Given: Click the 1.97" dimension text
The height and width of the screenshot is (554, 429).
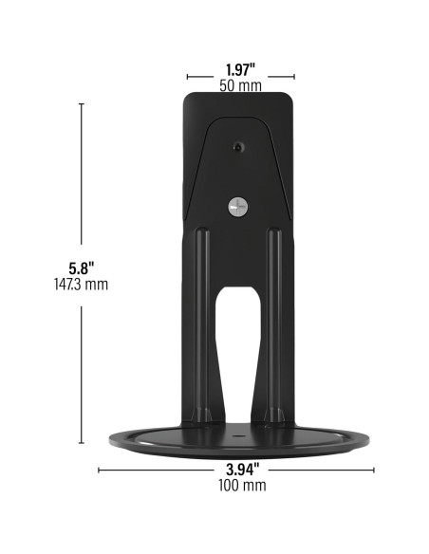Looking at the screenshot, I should (x=240, y=68).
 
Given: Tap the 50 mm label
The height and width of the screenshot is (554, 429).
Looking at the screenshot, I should (x=240, y=84).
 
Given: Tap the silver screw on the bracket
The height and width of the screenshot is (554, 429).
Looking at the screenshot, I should (x=237, y=207).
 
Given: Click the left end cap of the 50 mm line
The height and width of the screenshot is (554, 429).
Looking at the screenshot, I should (x=187, y=77).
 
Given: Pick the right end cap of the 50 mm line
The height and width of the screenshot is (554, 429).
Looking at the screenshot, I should (x=294, y=77).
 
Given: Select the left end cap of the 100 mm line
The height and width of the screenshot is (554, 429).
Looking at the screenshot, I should (x=99, y=469).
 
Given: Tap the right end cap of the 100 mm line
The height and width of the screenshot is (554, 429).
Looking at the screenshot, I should (x=374, y=469).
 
